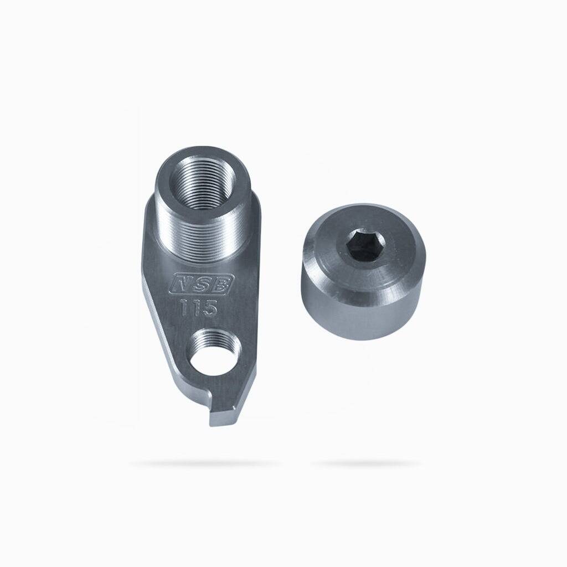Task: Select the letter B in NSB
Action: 223,282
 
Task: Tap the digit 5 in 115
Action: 209,308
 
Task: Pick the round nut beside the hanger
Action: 363,271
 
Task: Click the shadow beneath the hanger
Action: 205,463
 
